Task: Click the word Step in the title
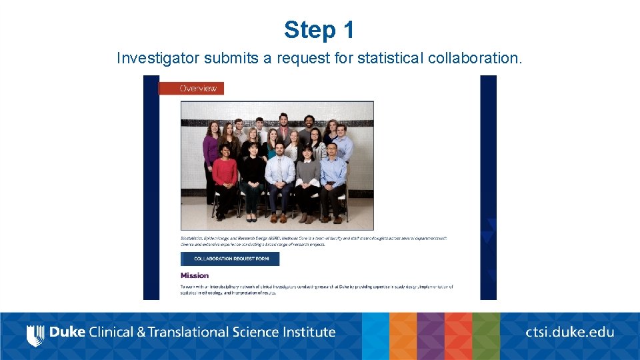click(x=308, y=30)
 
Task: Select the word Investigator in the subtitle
click(x=157, y=58)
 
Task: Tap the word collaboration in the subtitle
click(x=473, y=58)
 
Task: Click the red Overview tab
click(x=198, y=88)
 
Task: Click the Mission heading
click(x=195, y=275)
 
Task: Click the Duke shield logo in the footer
click(x=35, y=333)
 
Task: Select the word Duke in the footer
click(x=67, y=332)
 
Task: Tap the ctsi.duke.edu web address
click(x=569, y=332)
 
